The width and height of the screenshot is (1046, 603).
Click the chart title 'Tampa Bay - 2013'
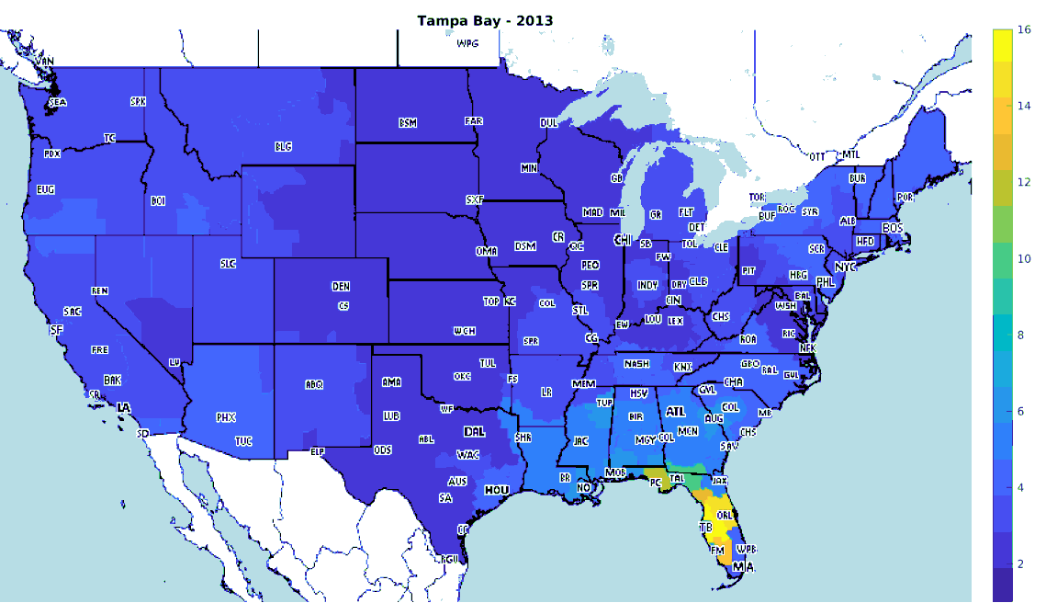[485, 19]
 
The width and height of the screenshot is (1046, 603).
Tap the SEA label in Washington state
[58, 103]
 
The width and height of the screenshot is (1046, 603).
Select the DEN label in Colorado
[341, 287]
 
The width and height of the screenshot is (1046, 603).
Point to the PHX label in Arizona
[226, 417]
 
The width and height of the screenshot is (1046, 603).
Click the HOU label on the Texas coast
[497, 491]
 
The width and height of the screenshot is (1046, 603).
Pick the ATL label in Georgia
[675, 412]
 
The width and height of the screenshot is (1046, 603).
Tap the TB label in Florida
[705, 529]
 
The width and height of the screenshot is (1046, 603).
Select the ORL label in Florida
[724, 515]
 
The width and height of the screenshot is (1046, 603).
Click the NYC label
[845, 267]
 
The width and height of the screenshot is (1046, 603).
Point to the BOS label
[893, 227]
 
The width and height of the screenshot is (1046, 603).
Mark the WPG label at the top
[467, 43]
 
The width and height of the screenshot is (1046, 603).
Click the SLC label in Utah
[229, 264]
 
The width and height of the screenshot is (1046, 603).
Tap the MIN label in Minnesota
[529, 168]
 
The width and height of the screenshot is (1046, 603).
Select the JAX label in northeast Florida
[720, 480]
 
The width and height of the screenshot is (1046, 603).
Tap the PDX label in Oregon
[51, 154]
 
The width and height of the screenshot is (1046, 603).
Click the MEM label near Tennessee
[583, 382]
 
